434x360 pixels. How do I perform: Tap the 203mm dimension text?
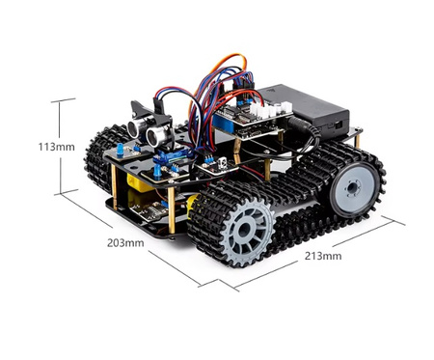point(125,242)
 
